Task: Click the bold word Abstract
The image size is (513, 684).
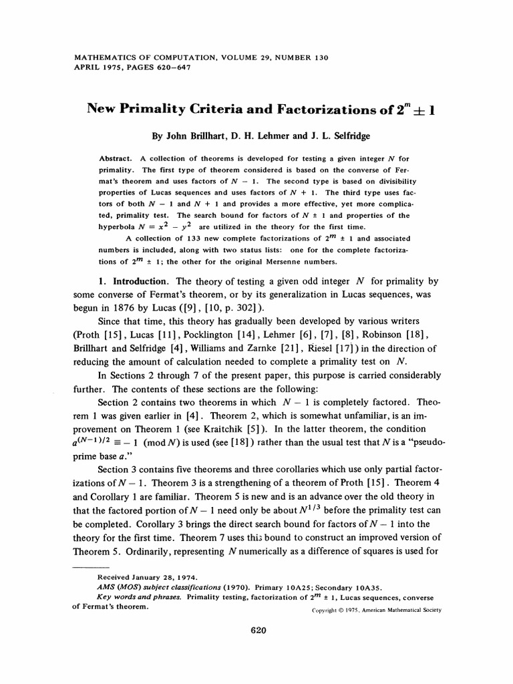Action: pos(116,159)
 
